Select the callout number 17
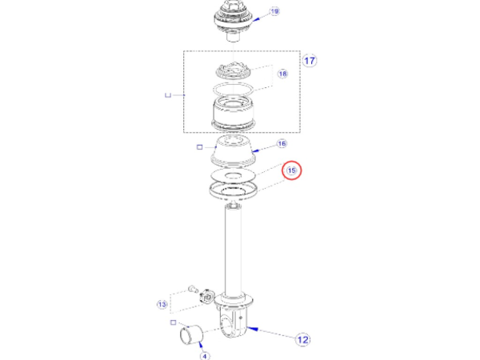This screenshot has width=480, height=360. tap(310, 60)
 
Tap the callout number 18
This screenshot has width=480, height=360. tap(282, 74)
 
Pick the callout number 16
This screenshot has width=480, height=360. tap(282, 144)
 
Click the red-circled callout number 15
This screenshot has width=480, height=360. tap(291, 170)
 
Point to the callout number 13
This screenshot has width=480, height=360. tap(162, 304)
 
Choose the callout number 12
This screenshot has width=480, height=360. tap(303, 339)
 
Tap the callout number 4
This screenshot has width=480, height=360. tap(203, 355)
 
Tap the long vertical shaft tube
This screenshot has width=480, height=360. tap(234, 248)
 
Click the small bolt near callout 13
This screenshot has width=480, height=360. tap(192, 289)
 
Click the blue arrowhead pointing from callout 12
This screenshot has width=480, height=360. tap(254, 328)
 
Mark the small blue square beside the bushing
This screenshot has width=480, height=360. tap(174, 322)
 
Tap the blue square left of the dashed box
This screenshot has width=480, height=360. tap(168, 95)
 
